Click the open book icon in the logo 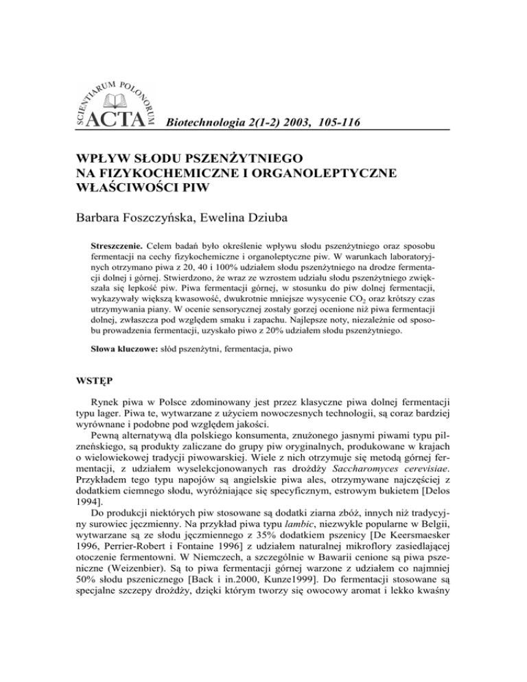click(x=114, y=101)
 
